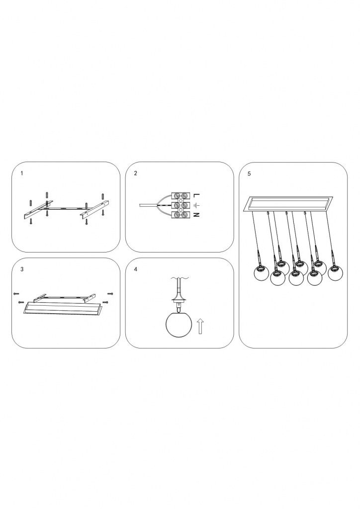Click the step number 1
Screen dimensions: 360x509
point(22,173)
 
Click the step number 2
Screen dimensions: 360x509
point(136,173)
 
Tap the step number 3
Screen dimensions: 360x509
point(22,269)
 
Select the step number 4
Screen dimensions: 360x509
point(136,269)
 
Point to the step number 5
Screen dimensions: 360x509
point(249,173)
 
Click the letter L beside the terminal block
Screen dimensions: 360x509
point(196,195)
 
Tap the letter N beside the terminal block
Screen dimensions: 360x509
point(196,215)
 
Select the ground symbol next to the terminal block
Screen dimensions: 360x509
point(196,205)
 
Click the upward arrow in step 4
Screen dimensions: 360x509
point(200,326)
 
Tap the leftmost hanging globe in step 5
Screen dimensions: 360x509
point(261,272)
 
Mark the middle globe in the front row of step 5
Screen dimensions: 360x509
point(296,278)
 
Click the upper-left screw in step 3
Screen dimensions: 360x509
point(17,294)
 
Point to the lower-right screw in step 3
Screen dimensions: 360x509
point(105,302)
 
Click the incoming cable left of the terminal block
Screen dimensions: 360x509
point(148,205)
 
